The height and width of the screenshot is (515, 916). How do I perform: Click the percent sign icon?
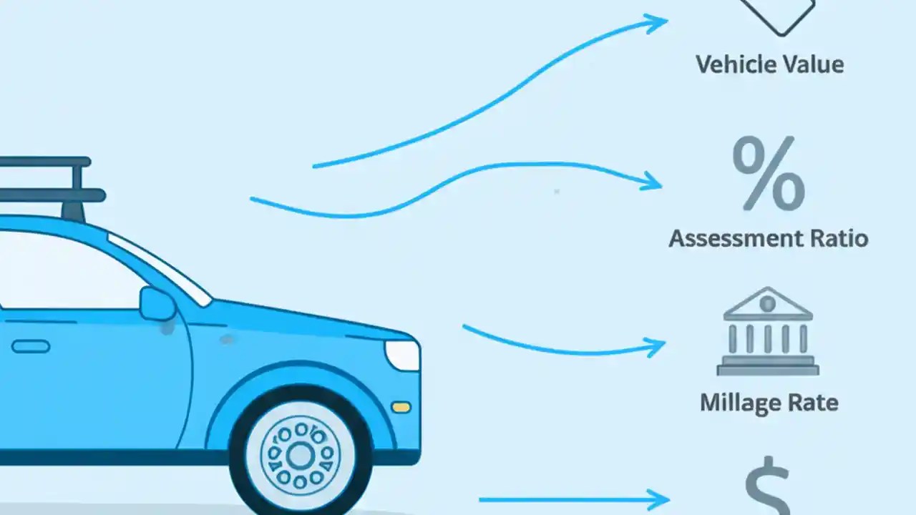(768, 175)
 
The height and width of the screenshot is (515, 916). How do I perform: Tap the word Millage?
(741, 402)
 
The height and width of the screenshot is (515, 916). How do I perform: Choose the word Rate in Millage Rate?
(812, 402)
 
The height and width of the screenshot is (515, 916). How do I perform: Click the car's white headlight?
(403, 354)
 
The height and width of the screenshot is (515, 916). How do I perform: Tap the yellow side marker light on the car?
(401, 407)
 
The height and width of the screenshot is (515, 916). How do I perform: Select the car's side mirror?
(157, 304)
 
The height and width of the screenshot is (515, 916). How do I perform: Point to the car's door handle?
(31, 346)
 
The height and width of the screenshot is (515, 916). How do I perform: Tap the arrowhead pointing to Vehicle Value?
(656, 24)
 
